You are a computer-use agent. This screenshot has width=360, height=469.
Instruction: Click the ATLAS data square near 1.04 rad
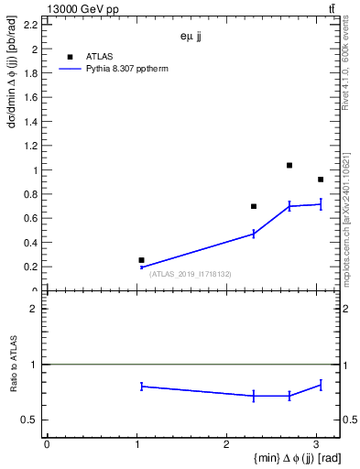coord(141,260)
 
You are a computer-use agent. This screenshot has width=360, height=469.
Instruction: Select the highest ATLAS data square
coord(289,166)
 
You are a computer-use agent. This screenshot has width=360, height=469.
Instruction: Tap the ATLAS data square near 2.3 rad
coord(254,206)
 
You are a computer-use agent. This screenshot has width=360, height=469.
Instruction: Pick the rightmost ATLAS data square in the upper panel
coord(321,180)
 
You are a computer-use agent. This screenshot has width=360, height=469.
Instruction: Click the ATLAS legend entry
coord(99,56)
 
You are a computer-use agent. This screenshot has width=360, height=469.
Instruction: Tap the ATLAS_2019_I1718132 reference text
coord(190,274)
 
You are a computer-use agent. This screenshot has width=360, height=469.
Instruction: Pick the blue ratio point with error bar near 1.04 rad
coord(142,387)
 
